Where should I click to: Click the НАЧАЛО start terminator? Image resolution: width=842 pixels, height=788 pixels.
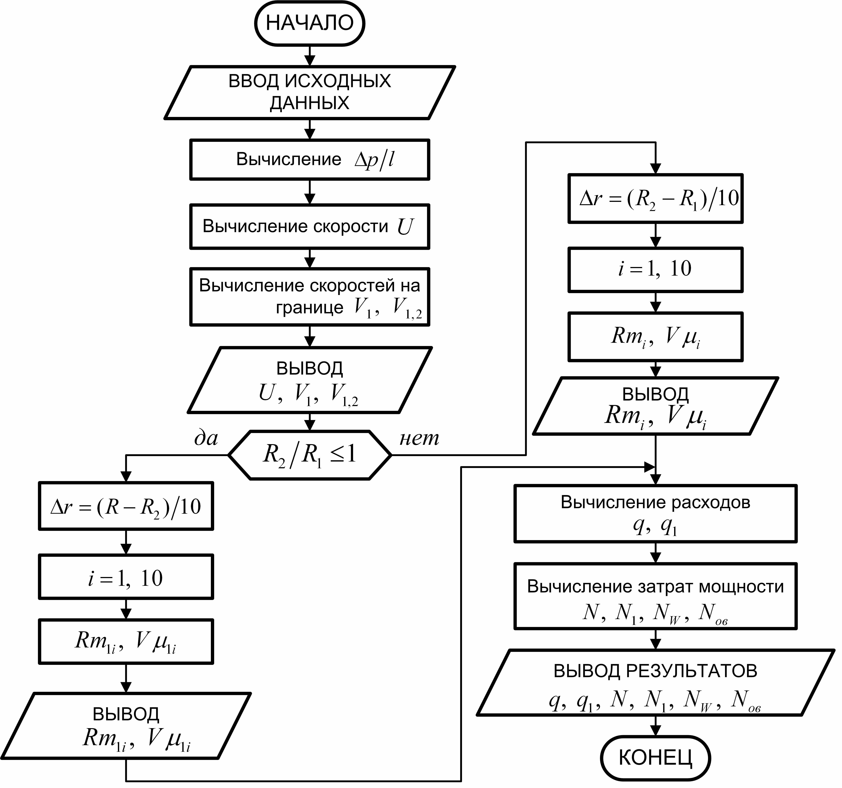click(x=310, y=23)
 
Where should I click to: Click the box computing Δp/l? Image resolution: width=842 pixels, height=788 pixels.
click(x=310, y=160)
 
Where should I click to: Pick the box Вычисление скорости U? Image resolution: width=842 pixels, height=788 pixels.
click(x=310, y=227)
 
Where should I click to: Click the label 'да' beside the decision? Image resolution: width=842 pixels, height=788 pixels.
click(x=206, y=438)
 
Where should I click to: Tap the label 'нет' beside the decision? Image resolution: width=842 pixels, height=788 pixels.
click(x=419, y=438)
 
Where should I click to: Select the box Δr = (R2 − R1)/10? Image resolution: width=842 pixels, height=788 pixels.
click(x=655, y=198)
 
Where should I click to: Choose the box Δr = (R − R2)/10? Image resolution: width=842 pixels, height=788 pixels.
click(x=126, y=506)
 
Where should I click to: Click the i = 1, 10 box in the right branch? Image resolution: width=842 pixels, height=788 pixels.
click(x=655, y=269)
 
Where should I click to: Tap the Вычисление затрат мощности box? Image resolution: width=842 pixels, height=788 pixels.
click(x=655, y=596)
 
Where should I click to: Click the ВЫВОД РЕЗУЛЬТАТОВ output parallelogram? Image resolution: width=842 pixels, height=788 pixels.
click(x=655, y=683)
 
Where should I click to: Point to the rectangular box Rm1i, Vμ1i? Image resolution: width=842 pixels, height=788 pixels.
click(x=126, y=641)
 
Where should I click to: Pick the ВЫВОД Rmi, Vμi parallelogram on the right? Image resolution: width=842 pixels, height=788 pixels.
click(x=655, y=406)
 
